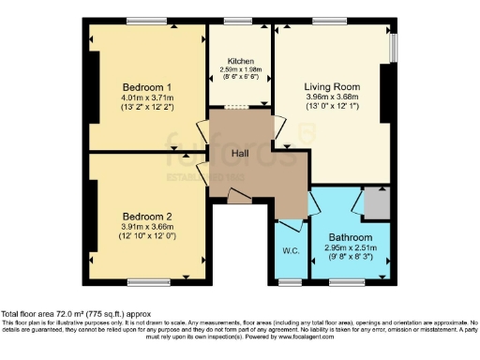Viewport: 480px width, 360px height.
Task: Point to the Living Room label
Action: click(332, 86)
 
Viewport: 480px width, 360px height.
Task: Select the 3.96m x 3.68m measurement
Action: click(332, 97)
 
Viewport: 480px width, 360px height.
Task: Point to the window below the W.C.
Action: click(290, 280)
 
